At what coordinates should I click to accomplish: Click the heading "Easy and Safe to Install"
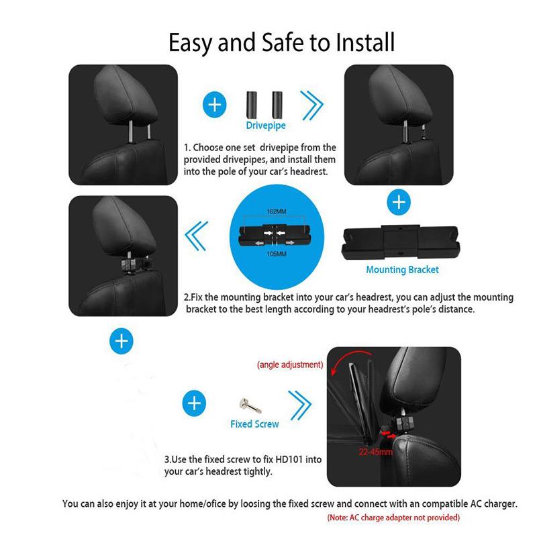281,42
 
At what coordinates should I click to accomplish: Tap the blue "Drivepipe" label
266,126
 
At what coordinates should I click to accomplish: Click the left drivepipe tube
252,105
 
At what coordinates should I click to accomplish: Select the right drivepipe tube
277,105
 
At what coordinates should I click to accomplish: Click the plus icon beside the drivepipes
215,105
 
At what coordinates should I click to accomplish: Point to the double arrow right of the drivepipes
311,105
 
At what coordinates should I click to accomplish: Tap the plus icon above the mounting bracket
399,202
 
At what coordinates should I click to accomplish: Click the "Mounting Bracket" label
402,270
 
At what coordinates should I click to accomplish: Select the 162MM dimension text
277,211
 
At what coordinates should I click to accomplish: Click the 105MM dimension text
277,254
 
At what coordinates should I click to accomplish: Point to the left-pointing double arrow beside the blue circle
196,236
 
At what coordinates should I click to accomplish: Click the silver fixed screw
250,405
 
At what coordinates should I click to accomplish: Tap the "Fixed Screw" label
254,424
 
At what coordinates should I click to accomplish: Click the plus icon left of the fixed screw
194,403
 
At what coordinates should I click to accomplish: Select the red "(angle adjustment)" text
290,364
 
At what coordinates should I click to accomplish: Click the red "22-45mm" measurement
376,452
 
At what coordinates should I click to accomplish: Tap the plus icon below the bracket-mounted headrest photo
121,341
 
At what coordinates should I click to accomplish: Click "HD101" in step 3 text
289,459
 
